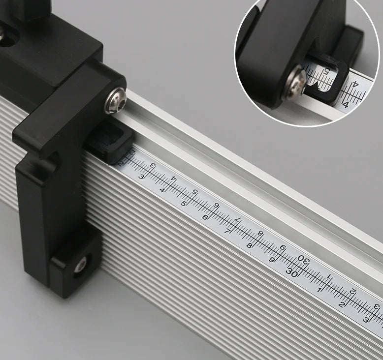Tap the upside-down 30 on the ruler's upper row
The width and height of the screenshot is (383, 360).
[x=305, y=261]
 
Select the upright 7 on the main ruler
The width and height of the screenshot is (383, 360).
[x=227, y=231]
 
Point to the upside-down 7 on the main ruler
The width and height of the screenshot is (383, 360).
[x=238, y=220]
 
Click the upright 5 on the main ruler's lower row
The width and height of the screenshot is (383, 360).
[x=184, y=203]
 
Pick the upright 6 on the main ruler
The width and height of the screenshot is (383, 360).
[x=205, y=217]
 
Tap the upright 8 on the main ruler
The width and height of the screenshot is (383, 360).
[x=250, y=245]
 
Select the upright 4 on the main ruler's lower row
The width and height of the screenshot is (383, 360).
[x=162, y=190]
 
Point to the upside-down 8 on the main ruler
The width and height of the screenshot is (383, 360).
[x=260, y=234]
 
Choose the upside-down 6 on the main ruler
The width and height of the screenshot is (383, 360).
[x=216, y=206]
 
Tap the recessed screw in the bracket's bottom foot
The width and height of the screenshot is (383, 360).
[x=80, y=266]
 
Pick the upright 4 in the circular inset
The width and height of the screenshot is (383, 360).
[x=346, y=104]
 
